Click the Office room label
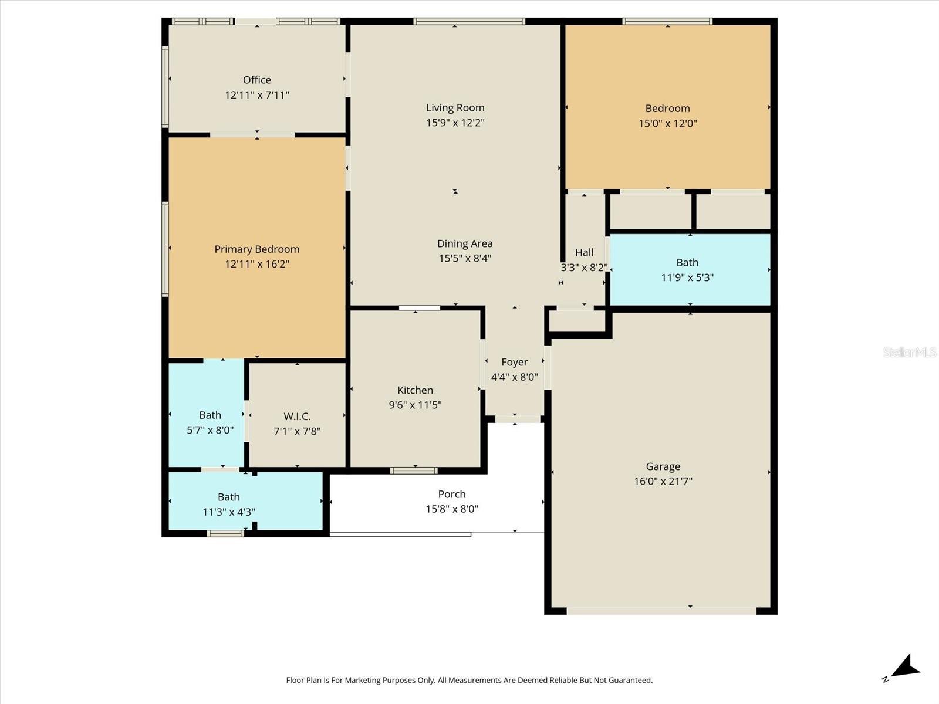(256, 80)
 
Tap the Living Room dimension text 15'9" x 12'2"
(455, 123)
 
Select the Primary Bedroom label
(256, 249)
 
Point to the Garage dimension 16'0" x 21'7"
(663, 481)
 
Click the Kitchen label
(415, 390)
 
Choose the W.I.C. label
(297, 417)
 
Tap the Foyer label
(514, 363)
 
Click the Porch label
(452, 494)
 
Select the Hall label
(584, 253)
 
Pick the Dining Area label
(465, 243)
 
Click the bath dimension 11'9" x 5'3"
(687, 278)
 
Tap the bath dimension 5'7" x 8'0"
(210, 430)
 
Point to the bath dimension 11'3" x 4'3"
(228, 512)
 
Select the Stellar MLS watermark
(910, 352)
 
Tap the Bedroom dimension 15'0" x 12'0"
(667, 124)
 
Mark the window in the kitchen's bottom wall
(413, 471)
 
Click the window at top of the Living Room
(469, 21)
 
